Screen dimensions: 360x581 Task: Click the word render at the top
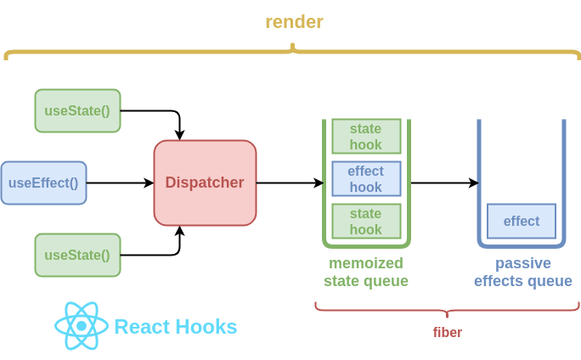pos(294,22)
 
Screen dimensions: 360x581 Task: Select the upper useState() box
pos(77,110)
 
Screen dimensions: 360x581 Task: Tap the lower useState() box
pos(77,255)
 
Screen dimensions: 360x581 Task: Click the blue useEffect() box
pos(43,183)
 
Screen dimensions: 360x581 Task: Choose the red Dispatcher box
pos(205,183)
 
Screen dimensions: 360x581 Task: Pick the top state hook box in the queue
pos(366,136)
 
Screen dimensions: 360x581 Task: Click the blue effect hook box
pos(366,178)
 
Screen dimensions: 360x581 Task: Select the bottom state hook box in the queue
pos(366,221)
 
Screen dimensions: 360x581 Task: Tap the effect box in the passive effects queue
pos(522,221)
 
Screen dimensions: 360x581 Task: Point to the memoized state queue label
pos(366,272)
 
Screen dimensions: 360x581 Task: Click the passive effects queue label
pos(523,272)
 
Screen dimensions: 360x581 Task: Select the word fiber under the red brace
pos(448,332)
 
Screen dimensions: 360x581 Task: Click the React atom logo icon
pos(82,326)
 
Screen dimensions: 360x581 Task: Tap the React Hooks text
pos(176,327)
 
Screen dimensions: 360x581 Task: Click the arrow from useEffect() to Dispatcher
pos(119,183)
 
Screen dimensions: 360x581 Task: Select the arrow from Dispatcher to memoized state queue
pos(289,183)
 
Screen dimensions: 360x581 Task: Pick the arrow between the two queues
pos(444,183)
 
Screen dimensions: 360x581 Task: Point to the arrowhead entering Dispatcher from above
pos(179,135)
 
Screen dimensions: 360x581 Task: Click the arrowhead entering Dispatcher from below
pos(179,230)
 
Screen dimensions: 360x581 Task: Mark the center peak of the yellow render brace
pos(293,48)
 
